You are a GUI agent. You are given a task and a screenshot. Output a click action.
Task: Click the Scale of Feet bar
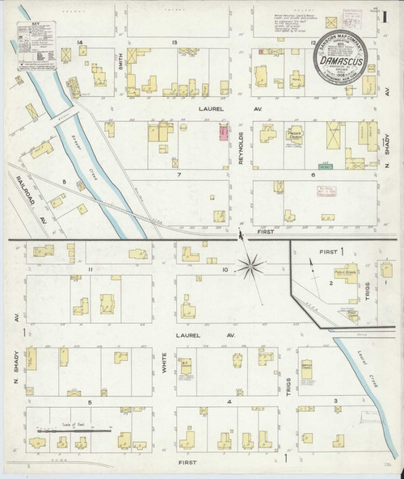point(75,431)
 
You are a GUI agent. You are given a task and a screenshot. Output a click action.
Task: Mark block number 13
point(173,42)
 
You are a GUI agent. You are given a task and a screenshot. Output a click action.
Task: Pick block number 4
point(229,401)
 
